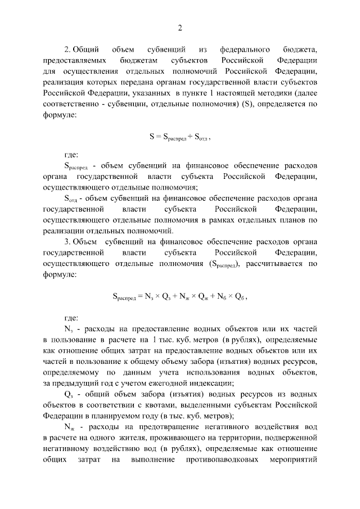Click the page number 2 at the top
pyautogui.click(x=180, y=28)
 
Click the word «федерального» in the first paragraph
pyautogui.click(x=245, y=49)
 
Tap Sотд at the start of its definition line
pyautogui.click(x=70, y=199)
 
